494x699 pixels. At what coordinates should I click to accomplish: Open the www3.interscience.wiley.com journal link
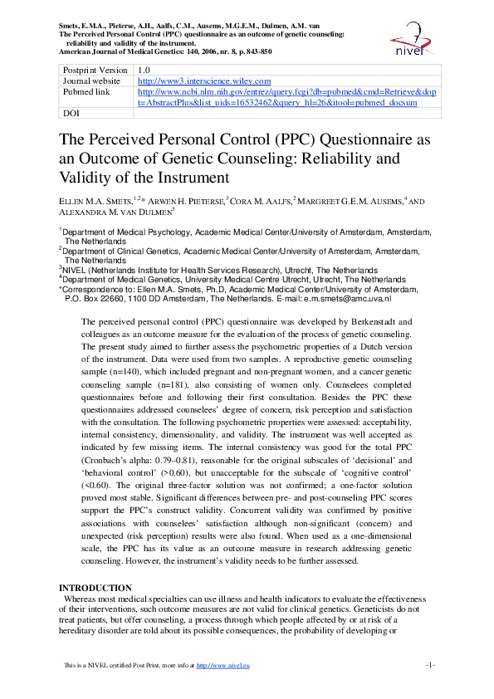[x=187, y=81]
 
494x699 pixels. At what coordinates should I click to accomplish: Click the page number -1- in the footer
[x=430, y=665]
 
